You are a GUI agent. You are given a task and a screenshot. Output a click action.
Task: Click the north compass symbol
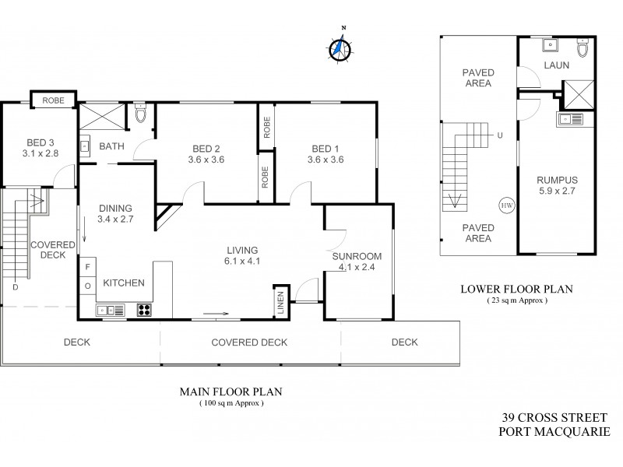tap(339, 48)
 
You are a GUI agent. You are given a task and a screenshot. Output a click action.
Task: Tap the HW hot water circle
tap(506, 205)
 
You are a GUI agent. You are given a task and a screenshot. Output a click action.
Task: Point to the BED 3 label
tap(40, 142)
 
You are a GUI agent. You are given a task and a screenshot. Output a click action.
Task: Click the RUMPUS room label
tap(556, 181)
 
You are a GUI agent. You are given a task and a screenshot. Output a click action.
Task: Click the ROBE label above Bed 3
tap(53, 100)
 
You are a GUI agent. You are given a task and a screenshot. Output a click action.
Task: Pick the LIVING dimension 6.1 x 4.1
tap(242, 262)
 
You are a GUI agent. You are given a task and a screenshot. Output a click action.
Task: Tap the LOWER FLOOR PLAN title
tap(516, 289)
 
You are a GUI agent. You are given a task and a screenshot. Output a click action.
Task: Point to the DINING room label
tap(115, 209)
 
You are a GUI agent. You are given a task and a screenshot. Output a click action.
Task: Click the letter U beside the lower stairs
tap(499, 135)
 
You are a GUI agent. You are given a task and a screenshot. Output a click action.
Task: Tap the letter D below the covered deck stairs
tap(15, 286)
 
